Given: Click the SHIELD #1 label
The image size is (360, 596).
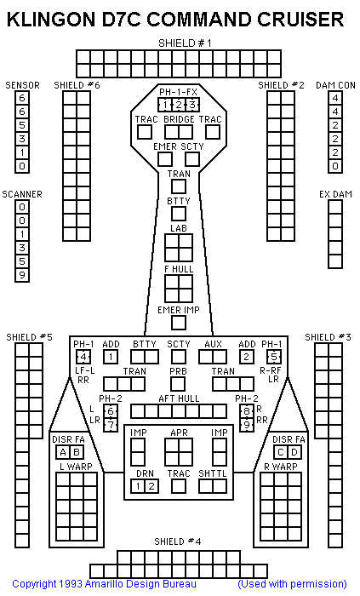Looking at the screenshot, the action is coord(185,43).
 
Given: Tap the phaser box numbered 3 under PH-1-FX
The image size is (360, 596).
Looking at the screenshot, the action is coord(192,105).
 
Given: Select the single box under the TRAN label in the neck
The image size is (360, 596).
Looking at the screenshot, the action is coord(179,186).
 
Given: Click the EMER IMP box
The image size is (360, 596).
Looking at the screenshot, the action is coord(179,323).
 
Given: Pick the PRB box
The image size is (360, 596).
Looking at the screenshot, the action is coord(178,384).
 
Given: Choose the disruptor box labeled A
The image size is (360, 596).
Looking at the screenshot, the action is coord(63,452).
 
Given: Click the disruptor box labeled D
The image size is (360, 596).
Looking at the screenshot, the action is coord(294,452).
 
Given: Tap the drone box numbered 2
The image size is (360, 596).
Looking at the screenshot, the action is coord(151,486).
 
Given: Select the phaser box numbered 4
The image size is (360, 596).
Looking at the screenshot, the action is coord(83,357).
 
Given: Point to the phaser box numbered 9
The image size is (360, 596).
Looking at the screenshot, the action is coord(247,425).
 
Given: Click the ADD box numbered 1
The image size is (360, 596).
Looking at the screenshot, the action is coord(111,357).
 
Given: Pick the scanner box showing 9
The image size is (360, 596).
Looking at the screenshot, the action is coord(22,275).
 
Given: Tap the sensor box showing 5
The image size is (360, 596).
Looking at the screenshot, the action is coord(22,125).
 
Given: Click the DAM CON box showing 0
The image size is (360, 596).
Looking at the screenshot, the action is coord(335,166).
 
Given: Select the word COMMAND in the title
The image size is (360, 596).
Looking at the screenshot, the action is coord(199,20).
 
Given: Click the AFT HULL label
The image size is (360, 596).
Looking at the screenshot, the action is coord(179,398).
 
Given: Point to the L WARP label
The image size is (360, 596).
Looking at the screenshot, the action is coord(76,467).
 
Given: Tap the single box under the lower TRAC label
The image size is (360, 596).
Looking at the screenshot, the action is coord(179,486).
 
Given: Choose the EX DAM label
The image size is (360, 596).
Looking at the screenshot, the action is coord(335,194).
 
